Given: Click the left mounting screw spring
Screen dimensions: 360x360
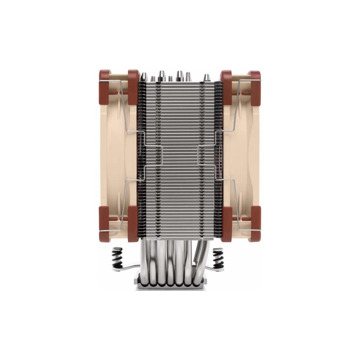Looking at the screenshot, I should pos(117,258).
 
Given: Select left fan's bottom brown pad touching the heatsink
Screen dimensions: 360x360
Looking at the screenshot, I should pos(133,224).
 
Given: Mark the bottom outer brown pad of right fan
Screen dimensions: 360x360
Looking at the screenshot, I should pos(255,223).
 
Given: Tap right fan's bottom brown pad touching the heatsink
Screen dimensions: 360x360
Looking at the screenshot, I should pos(227,224).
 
